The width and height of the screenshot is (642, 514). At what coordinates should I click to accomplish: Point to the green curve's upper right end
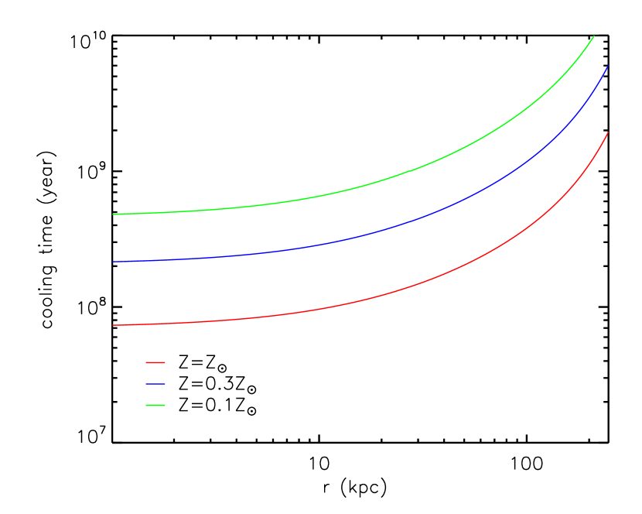coord(594,36)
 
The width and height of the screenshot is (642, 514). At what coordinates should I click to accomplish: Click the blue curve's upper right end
coord(609,65)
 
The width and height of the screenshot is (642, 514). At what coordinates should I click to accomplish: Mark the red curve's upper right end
coord(609,132)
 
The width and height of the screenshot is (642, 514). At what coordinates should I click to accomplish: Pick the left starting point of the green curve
coord(113,214)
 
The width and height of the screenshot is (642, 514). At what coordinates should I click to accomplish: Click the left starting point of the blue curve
coord(113,262)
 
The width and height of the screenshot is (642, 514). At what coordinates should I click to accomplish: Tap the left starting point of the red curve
coord(113,325)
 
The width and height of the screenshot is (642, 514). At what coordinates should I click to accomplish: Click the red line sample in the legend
coord(155,362)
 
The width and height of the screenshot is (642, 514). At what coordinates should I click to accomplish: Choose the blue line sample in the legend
coord(155,384)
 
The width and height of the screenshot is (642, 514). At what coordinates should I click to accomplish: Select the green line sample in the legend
coord(155,405)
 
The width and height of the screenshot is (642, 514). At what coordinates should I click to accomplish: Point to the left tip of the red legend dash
coord(146,362)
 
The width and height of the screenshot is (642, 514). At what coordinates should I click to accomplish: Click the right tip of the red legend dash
coord(165,362)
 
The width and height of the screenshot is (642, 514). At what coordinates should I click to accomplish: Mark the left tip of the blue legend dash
coord(146,384)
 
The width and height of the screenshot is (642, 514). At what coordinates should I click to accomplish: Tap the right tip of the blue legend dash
coord(165,384)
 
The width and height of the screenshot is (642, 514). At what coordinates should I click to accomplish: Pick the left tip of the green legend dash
coord(146,405)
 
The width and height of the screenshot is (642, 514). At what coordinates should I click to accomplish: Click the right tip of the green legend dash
coord(165,405)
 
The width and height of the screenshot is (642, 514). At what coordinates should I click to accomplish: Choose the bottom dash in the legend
coord(155,405)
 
